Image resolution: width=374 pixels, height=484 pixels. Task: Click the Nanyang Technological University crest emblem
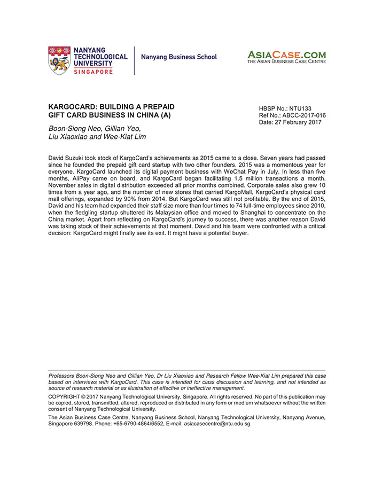59,60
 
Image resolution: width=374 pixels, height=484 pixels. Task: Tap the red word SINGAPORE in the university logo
93,72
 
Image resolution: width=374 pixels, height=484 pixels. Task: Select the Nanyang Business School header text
179,57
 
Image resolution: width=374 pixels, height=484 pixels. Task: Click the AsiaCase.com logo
286,54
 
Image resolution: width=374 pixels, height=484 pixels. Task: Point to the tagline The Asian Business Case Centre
286,62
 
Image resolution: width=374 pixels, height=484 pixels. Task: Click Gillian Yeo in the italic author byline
123,128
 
